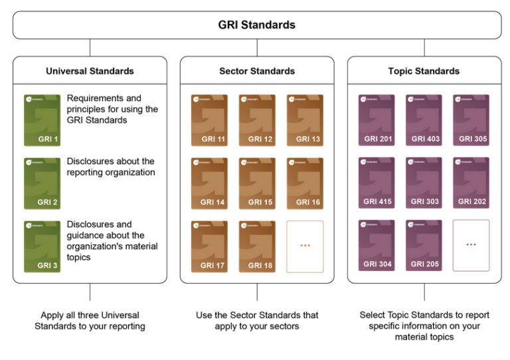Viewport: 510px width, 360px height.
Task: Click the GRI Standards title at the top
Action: point(256,25)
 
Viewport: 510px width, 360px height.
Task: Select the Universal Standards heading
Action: point(90,71)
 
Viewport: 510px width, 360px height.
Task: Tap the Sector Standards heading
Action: point(257,71)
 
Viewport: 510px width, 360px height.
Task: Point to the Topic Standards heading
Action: point(424,71)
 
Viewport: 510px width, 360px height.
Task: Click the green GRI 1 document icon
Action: point(42,120)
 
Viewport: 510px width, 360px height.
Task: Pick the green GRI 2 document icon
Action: point(42,183)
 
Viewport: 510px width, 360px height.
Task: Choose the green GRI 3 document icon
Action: point(42,246)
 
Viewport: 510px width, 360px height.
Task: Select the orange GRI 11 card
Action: point(209,120)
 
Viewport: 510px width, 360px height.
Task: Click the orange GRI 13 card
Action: point(305,120)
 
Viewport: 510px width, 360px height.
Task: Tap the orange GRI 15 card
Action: point(257,183)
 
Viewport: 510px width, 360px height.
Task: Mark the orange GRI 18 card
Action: point(257,246)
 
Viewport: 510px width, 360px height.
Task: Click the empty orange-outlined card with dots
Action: point(305,246)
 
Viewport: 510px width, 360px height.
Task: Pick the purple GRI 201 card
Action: point(377,120)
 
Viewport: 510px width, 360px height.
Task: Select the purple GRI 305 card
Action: point(471,120)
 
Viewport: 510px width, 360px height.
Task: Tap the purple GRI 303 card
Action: point(424,183)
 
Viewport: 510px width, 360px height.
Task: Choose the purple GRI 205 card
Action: point(424,246)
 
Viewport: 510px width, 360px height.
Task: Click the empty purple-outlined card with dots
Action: point(471,246)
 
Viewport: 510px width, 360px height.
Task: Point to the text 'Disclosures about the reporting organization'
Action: point(110,167)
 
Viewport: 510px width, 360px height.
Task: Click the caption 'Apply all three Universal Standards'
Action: point(90,321)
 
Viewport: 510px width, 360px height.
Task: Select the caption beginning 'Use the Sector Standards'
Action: point(257,321)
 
